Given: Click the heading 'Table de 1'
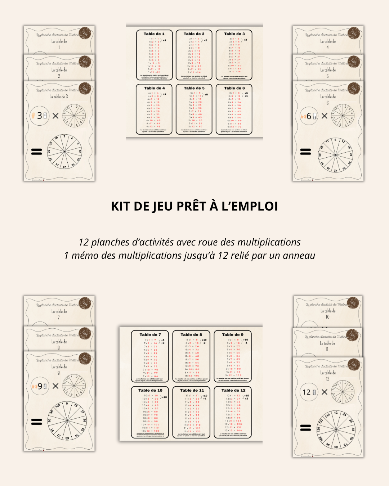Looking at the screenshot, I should [154, 34].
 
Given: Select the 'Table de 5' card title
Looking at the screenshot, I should [194, 88].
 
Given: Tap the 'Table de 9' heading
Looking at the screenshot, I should [232, 334].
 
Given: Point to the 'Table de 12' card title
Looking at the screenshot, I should [233, 390].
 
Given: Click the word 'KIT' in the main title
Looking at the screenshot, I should [121, 206].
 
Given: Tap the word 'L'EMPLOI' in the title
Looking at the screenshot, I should [250, 206].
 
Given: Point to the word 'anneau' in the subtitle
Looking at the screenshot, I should [299, 256].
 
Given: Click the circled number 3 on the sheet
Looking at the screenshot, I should [40, 116].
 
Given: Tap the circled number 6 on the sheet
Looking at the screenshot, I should [309, 116].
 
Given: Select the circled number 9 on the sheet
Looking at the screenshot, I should [40, 386].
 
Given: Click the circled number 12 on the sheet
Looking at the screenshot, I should [307, 392].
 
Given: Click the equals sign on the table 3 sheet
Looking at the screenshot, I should [36, 152].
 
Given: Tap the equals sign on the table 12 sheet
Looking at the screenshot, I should [305, 428].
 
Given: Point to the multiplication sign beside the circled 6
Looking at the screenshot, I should [325, 116].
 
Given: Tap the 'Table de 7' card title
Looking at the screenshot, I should [150, 334].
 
